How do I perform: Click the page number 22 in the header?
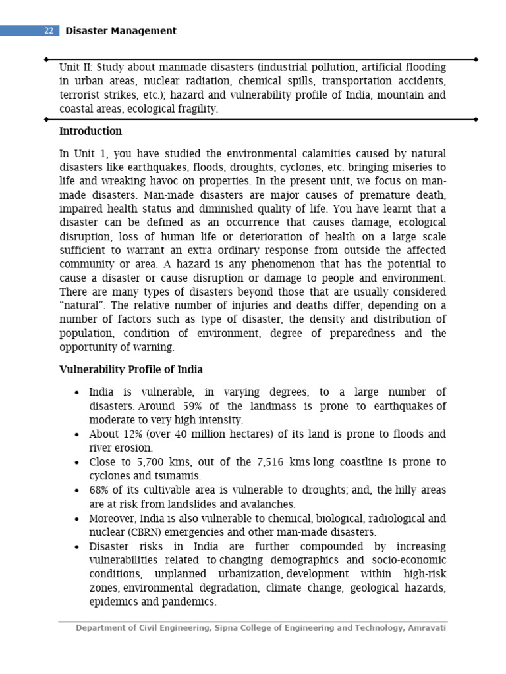[49, 31]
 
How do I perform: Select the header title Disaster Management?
[121, 31]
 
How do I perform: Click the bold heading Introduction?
[90, 131]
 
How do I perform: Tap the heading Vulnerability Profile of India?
[131, 369]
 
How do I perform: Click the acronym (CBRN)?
[140, 532]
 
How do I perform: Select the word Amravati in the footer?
[427, 628]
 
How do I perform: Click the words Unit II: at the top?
[76, 67]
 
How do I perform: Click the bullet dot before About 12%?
[77, 435]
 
